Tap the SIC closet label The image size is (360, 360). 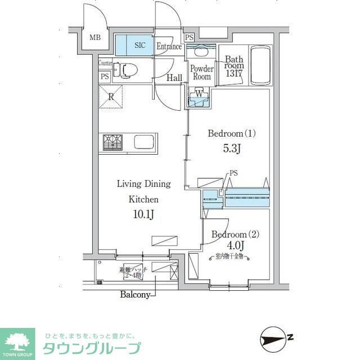139,46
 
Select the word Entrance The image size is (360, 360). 169,47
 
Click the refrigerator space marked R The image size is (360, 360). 112,96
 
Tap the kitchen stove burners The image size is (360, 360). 112,142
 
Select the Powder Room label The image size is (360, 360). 201,73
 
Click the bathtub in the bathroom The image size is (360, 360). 260,66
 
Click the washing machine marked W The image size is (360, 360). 199,95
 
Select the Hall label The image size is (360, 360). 174,78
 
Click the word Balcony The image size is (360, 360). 134,294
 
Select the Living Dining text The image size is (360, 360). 143,184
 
